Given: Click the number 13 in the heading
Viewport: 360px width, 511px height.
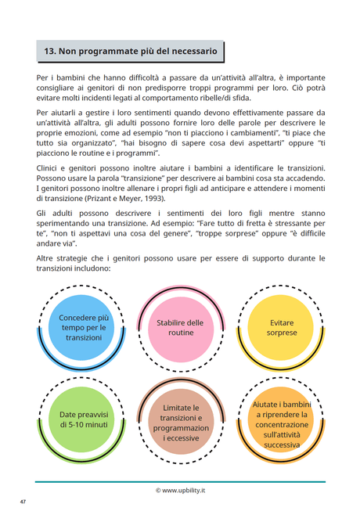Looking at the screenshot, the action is coord(49,51).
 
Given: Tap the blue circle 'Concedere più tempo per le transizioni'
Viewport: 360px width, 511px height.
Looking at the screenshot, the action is coord(85,327).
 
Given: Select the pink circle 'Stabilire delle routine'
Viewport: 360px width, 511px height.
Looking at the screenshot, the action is coord(180,327).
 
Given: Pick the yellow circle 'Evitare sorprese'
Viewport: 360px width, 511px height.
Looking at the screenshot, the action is coord(282,327).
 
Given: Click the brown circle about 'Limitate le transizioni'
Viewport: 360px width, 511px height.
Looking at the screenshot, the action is coord(181,423).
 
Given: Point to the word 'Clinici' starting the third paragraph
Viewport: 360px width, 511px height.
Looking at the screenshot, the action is coord(49,169).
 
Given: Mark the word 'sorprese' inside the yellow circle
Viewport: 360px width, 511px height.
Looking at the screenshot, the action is coord(282,333).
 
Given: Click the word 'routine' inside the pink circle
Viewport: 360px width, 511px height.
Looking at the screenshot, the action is coord(180,333).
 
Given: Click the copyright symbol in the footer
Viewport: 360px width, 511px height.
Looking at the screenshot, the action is coord(158,490).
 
